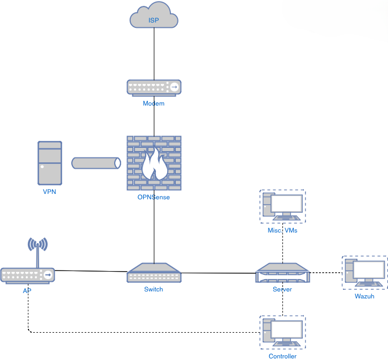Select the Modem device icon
coord(154,87)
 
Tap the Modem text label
coord(154,103)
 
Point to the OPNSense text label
coord(154,197)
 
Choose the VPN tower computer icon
coord(50,163)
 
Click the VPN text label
coord(50,191)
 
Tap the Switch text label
coord(154,289)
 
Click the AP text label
coord(27,291)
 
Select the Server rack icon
coord(282,273)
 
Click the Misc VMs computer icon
coord(282,206)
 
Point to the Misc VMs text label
coord(282,230)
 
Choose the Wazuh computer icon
coord(364,272)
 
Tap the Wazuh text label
coord(364,296)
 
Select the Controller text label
coord(282,356)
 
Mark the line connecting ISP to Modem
coord(154,54)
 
